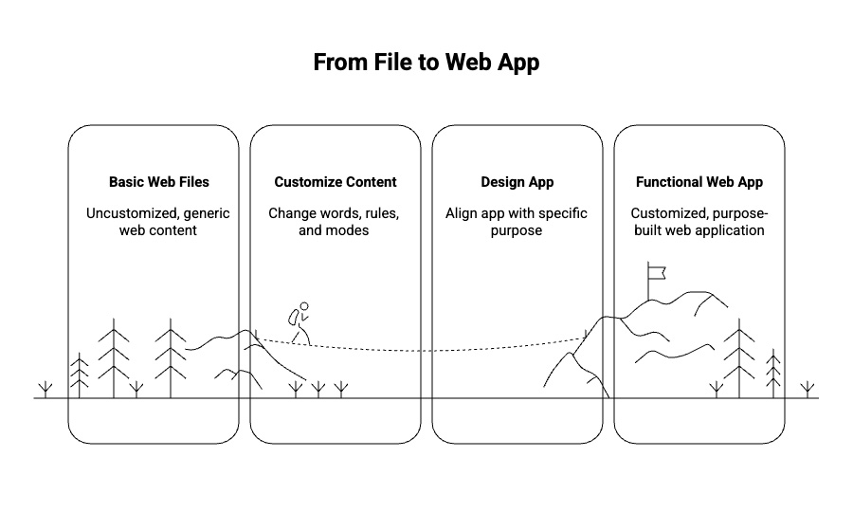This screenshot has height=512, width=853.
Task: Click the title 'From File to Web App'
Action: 426,64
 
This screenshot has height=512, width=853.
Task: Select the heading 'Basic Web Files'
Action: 158,182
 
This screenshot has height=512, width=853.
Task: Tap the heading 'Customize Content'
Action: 336,182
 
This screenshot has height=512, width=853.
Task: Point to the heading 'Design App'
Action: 517,182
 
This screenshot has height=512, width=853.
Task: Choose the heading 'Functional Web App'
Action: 699,182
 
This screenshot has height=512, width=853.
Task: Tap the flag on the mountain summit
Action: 658,272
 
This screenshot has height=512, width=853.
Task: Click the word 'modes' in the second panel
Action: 350,230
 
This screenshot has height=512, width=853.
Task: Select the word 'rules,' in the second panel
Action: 378,213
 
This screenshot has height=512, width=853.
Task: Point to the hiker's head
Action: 304,307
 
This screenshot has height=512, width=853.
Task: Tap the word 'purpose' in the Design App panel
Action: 517,230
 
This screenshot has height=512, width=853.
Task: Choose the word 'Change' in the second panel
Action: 291,213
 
